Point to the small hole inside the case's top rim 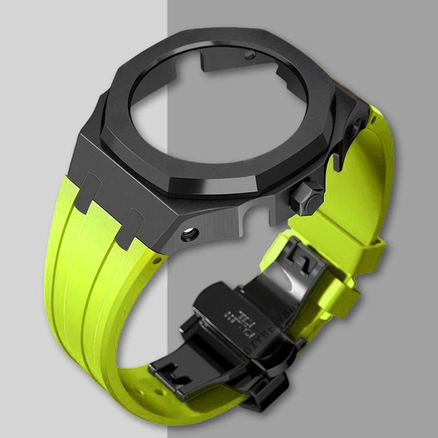click(251, 56)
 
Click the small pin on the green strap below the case click(158, 257)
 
